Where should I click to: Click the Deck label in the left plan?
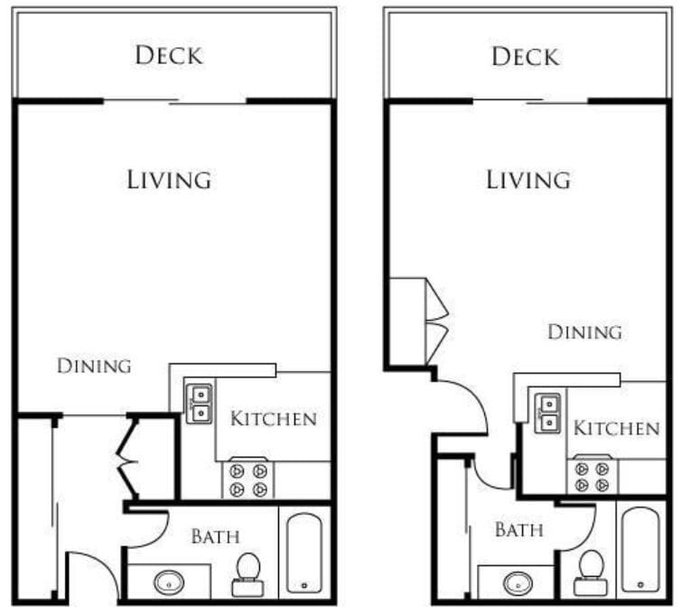click(170, 55)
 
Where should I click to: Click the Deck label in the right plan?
click(526, 57)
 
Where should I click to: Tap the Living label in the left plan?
click(169, 179)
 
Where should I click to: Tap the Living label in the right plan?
click(528, 179)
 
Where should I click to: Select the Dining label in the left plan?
click(94, 366)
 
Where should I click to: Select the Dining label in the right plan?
click(584, 332)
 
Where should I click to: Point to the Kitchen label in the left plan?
click(273, 419)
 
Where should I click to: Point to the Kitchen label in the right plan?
click(617, 427)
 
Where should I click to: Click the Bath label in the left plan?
click(215, 536)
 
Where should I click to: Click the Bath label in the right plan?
click(518, 530)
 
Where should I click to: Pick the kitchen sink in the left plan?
click(199, 403)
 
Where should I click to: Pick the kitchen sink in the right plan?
click(546, 412)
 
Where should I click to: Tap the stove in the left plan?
click(248, 480)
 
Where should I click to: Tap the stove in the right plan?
click(591, 478)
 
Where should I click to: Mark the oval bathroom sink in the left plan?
click(169, 582)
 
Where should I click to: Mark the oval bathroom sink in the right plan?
click(518, 582)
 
